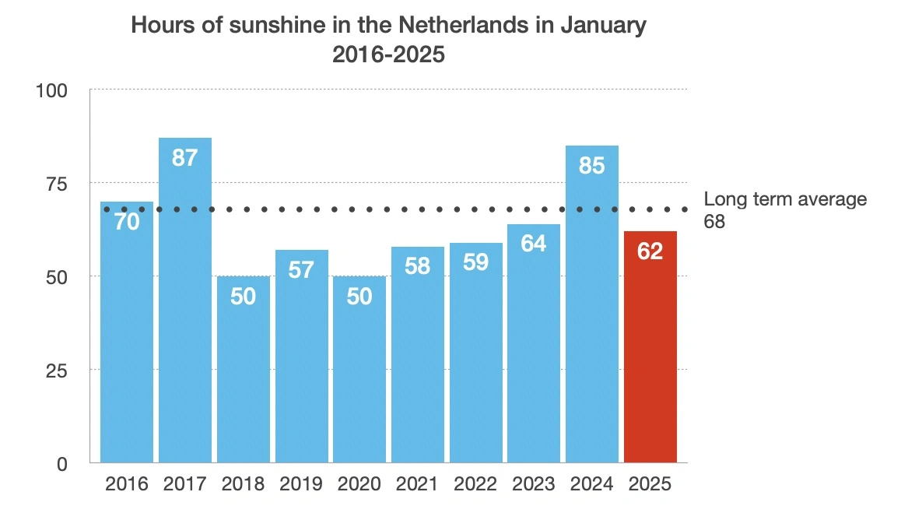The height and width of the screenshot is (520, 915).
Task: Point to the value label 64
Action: pyautogui.click(x=534, y=244)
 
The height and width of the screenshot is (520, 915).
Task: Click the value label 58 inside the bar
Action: pyautogui.click(x=418, y=266)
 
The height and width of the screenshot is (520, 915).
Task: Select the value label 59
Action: pyautogui.click(x=475, y=262)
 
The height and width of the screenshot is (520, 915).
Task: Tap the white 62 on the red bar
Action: pyautogui.click(x=650, y=251)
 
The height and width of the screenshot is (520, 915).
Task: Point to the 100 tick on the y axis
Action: pyautogui.click(x=52, y=90)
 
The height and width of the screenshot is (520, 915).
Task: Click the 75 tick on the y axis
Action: pyautogui.click(x=58, y=184)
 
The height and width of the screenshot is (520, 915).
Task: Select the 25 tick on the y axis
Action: pyautogui.click(x=58, y=371)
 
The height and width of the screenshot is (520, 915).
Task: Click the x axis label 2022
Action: pyautogui.click(x=475, y=484)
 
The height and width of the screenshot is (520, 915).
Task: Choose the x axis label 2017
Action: pyautogui.click(x=185, y=484)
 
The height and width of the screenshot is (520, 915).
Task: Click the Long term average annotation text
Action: pyautogui.click(x=784, y=199)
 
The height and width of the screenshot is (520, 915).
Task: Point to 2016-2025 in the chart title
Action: pyautogui.click(x=388, y=55)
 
